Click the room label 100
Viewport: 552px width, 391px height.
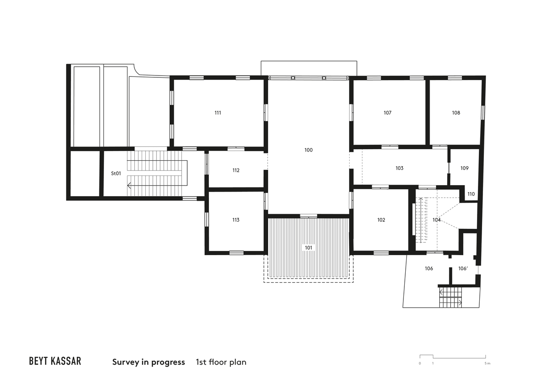click(x=309, y=150)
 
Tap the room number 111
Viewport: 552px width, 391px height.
click(x=218, y=113)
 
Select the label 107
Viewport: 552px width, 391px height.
click(x=387, y=113)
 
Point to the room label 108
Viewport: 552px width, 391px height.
click(x=456, y=113)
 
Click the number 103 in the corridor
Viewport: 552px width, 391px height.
click(x=399, y=168)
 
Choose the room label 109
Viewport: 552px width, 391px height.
click(x=464, y=168)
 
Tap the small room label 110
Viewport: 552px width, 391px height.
click(x=471, y=194)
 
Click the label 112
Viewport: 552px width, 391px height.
click(x=236, y=170)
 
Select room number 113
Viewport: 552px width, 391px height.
click(x=236, y=220)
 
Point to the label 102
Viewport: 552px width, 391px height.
click(x=381, y=220)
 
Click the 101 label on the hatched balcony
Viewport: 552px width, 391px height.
click(x=309, y=248)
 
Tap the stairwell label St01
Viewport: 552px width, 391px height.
click(x=116, y=174)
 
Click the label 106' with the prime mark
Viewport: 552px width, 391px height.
click(x=463, y=268)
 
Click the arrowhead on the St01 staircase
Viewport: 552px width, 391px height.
click(x=129, y=185)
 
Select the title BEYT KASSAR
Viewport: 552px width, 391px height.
click(x=55, y=361)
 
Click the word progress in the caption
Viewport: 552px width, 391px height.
click(x=168, y=362)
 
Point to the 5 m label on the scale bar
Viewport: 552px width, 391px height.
click(x=487, y=363)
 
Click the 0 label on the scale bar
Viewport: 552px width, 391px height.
click(x=420, y=363)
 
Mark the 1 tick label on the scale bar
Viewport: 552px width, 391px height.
click(x=433, y=363)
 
